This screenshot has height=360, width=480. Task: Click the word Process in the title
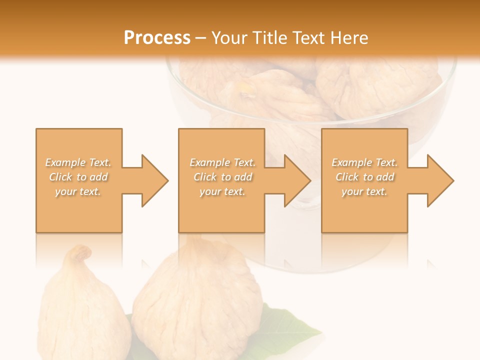[x=157, y=38]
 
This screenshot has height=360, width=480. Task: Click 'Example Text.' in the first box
[x=78, y=162]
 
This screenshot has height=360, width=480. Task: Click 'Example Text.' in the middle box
[x=222, y=162]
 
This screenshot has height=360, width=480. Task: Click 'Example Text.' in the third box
[x=364, y=162]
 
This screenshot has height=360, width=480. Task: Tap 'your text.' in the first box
[x=78, y=191]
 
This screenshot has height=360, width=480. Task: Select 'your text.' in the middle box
[x=222, y=191]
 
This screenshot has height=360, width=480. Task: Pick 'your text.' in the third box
[x=364, y=191]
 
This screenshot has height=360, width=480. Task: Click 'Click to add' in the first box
[x=78, y=177]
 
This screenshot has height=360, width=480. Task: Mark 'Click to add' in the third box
[x=364, y=177]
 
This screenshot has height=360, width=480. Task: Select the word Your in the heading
[x=228, y=38]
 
